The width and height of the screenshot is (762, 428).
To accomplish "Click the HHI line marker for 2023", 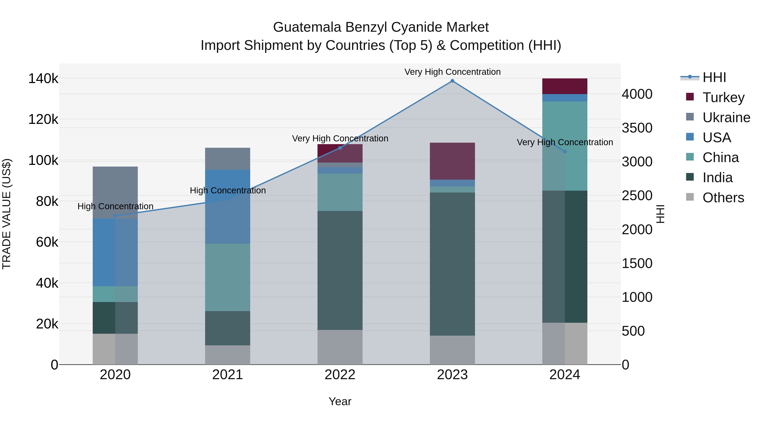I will tap(452, 81).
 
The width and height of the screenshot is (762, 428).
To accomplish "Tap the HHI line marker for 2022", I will tap(340, 148).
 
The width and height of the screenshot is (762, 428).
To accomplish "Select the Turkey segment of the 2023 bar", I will tap(452, 161).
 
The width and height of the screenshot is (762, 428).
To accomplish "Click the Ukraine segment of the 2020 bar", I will tap(115, 192).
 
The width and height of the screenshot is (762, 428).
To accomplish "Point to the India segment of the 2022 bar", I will tap(340, 270).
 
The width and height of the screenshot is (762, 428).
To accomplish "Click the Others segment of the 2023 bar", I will tap(452, 350).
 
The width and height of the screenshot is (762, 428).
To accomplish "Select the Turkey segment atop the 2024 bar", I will tap(565, 86).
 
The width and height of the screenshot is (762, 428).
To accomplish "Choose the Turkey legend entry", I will tap(723, 97).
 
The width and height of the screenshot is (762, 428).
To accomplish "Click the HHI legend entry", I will tap(714, 77).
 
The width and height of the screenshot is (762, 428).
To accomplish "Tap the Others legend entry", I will tap(723, 198).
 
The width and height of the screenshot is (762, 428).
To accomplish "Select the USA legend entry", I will tap(716, 138).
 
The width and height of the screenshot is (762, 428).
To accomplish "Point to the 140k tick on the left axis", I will tap(43, 79).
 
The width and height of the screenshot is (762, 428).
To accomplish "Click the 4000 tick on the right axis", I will tap(637, 94).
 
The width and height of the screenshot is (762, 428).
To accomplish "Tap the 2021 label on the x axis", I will tap(228, 375).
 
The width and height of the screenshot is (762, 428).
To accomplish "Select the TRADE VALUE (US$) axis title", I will tap(7, 214).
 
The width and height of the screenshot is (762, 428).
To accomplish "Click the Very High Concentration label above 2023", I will tap(452, 72).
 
